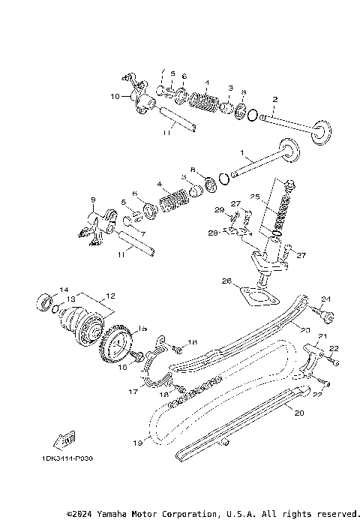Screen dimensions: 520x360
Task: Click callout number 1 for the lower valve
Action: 242,153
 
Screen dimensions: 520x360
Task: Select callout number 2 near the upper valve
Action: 275,99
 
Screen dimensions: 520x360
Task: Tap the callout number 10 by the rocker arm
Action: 115,96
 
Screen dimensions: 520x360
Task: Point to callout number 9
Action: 93,200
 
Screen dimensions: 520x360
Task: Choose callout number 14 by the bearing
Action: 63,289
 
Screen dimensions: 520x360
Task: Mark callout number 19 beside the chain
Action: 137,443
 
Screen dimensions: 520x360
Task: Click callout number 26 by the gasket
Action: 226,281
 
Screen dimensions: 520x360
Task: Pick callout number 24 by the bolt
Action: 304,299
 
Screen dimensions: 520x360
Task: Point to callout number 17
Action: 133,391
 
